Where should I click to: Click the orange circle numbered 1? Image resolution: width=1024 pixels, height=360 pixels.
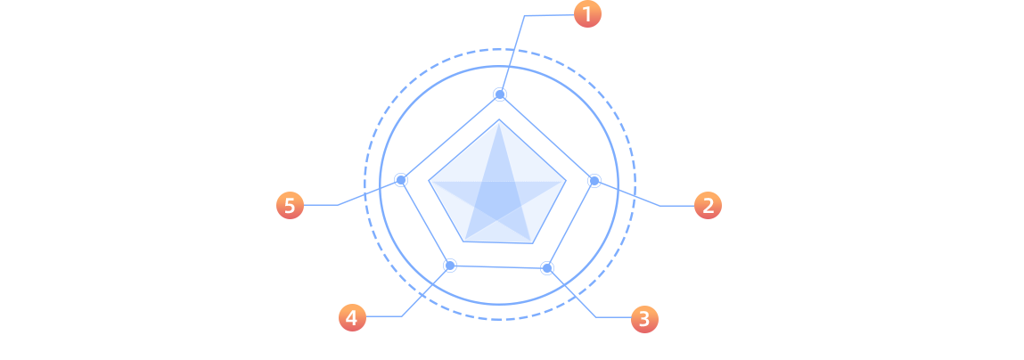(587, 14)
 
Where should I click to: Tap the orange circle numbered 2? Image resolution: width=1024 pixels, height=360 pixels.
(708, 206)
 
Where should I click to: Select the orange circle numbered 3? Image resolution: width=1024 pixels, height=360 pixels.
(644, 319)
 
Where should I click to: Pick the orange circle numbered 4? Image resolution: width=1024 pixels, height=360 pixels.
(352, 317)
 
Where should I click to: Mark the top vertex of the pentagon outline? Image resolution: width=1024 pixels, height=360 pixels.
(499, 121)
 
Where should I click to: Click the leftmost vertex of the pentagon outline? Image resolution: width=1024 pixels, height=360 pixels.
(430, 181)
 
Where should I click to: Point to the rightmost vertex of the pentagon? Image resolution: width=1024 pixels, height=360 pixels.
(565, 181)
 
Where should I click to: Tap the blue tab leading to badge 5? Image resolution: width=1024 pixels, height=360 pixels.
(332, 192)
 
